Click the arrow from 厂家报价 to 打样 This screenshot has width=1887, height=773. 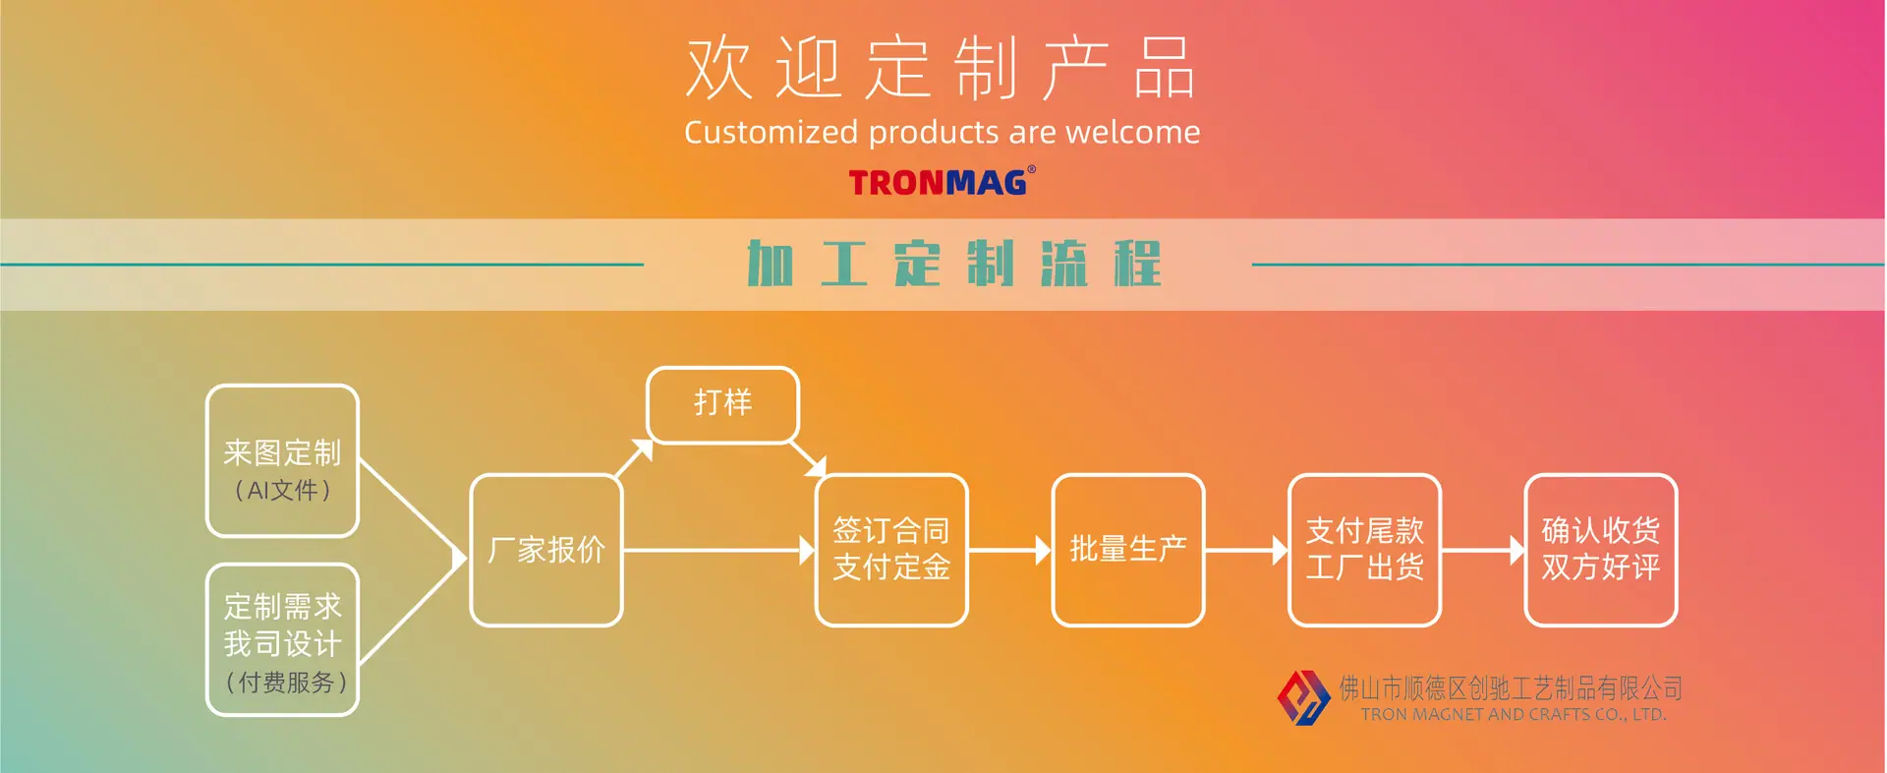634,458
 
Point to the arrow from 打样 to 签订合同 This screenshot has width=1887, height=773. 808,459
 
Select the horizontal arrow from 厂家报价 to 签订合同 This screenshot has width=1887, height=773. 719,551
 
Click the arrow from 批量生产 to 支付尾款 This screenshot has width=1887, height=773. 1246,551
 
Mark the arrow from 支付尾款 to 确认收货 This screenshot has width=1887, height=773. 1483,551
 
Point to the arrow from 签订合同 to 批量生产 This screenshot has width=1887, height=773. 1010,551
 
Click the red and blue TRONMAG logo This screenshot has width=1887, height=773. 942,182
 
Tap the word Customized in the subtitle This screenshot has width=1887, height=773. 772,132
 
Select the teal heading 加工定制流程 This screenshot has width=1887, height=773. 954,264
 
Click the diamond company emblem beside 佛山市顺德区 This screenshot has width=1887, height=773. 1303,697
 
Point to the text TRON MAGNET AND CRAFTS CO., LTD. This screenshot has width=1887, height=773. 1514,715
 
